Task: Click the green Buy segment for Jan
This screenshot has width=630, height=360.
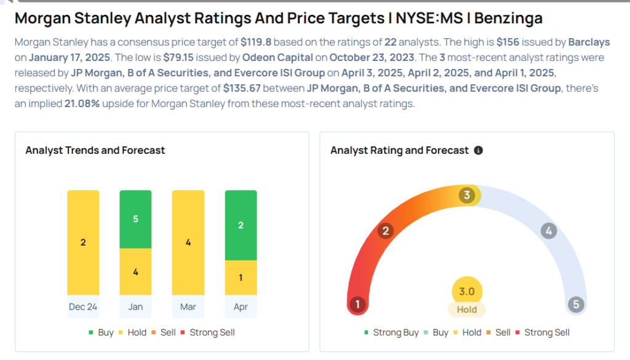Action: click(135, 219)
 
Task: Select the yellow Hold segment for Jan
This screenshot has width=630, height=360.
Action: click(135, 271)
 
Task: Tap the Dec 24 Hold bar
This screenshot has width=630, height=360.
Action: click(83, 242)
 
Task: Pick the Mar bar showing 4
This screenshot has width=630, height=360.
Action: click(188, 242)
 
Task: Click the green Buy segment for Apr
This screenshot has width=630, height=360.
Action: click(241, 225)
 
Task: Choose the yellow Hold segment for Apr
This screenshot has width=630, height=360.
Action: click(241, 278)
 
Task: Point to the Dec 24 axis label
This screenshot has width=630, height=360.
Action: click(83, 306)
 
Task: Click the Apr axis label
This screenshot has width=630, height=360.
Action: click(241, 306)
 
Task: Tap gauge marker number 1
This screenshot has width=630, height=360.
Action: click(357, 304)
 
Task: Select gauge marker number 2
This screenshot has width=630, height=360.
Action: click(386, 231)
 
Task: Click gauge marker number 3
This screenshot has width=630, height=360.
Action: click(467, 196)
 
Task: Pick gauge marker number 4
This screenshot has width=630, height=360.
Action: click(548, 231)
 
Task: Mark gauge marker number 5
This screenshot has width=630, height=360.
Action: click(576, 304)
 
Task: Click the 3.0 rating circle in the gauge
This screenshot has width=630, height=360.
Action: click(467, 291)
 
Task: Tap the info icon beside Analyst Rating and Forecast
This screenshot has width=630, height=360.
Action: click(479, 150)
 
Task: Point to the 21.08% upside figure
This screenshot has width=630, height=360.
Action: click(82, 104)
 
